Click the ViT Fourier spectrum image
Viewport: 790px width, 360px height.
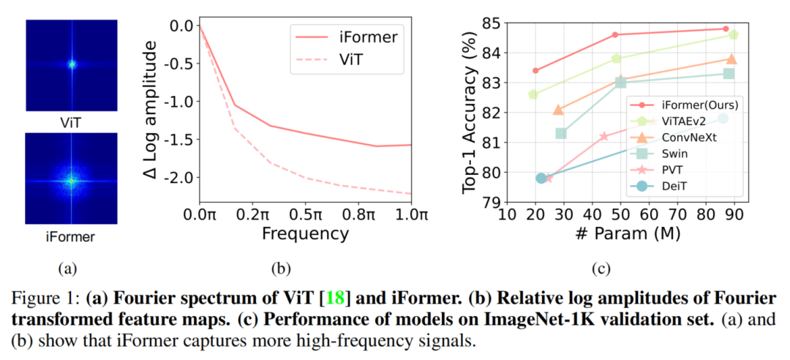[72, 64]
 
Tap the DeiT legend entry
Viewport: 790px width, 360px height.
[672, 186]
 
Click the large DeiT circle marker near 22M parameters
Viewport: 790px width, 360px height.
[541, 178]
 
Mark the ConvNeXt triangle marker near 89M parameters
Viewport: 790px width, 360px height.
[731, 59]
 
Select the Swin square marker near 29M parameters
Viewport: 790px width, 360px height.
[561, 133]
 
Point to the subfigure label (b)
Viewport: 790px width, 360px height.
[281, 269]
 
